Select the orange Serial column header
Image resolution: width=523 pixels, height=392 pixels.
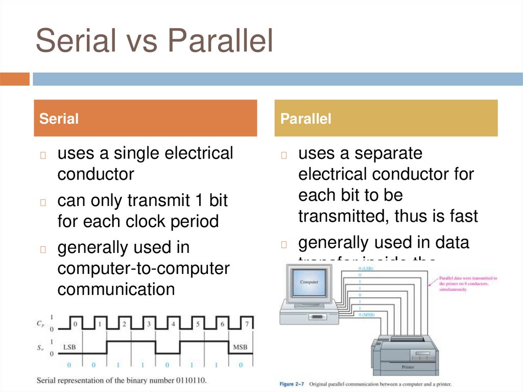pos(145,119)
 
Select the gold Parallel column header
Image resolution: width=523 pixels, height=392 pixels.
pos(386,119)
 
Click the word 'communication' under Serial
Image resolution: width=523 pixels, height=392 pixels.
pos(116,289)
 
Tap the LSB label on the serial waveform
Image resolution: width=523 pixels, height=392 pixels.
pos(70,348)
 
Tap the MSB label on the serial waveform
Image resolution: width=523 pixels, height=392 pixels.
pos(240,348)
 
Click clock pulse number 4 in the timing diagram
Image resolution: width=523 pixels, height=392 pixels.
pos(173,324)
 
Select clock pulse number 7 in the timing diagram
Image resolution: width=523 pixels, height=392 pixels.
pos(247,324)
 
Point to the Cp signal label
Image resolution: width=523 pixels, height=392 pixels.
pos(40,324)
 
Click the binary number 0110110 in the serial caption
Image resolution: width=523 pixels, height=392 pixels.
pos(189,381)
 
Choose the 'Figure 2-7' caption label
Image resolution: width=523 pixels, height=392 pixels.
pos(291,383)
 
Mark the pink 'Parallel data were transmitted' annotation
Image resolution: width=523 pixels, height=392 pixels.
pos(468,284)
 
